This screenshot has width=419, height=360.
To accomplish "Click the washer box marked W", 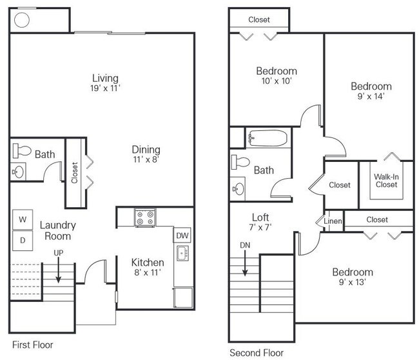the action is (x=23, y=219).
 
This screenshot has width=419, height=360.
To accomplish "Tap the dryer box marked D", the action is (x=23, y=241).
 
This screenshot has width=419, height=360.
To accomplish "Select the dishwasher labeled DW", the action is (x=182, y=235).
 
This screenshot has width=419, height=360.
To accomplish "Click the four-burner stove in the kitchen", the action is (x=145, y=218).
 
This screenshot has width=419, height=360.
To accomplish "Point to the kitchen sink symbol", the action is (x=183, y=253).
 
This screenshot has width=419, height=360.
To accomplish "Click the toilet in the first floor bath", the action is (x=22, y=151).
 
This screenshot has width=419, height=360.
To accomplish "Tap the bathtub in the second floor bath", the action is (x=268, y=138).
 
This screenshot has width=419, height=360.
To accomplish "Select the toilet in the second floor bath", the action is (x=240, y=162).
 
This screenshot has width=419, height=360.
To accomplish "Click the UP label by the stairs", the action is (x=59, y=253).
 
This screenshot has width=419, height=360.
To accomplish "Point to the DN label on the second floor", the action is (x=245, y=245).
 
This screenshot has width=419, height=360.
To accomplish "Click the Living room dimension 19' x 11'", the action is (x=105, y=88).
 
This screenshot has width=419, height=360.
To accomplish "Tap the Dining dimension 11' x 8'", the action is (x=146, y=159).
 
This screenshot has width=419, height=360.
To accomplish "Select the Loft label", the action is (x=260, y=217).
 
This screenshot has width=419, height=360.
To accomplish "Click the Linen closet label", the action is (x=333, y=221).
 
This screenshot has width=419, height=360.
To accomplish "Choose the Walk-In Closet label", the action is (x=386, y=181).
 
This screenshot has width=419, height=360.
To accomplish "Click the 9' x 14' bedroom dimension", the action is (x=371, y=96).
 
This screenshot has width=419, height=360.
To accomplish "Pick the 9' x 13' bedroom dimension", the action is (x=353, y=282).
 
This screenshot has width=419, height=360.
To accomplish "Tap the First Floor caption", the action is (x=33, y=345).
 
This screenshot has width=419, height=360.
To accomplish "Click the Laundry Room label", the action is (x=58, y=230).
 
